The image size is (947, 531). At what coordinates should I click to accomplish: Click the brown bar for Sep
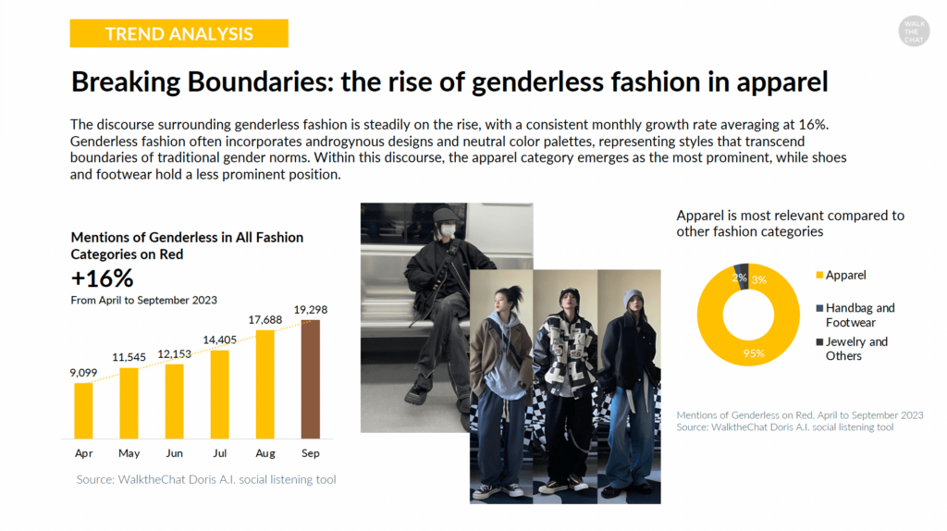click(311, 378)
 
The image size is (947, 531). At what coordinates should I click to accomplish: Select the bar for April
click(83, 410)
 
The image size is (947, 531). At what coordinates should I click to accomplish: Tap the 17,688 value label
click(265, 319)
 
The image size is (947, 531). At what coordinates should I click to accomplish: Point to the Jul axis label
click(220, 453)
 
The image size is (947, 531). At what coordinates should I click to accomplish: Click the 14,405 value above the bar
click(220, 340)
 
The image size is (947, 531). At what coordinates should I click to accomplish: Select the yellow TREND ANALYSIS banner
click(178, 33)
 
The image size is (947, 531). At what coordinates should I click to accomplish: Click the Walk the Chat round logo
click(914, 31)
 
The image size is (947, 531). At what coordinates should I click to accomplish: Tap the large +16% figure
click(102, 278)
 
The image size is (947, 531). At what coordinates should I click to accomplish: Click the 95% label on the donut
click(754, 353)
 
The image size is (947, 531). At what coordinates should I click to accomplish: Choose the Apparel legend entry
click(841, 275)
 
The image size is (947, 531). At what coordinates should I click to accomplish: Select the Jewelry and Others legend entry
click(852, 349)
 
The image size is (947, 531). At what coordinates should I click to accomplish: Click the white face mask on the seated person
click(447, 230)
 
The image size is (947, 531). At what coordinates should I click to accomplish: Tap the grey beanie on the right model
click(633, 298)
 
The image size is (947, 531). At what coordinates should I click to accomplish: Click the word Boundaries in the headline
click(260, 82)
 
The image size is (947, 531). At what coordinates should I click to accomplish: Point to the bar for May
click(129, 403)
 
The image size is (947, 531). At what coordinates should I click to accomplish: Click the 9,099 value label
click(83, 373)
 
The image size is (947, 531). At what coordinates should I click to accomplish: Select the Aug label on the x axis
click(265, 453)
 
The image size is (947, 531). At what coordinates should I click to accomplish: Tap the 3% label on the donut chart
click(759, 280)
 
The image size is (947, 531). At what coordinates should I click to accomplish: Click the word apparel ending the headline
click(781, 82)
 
